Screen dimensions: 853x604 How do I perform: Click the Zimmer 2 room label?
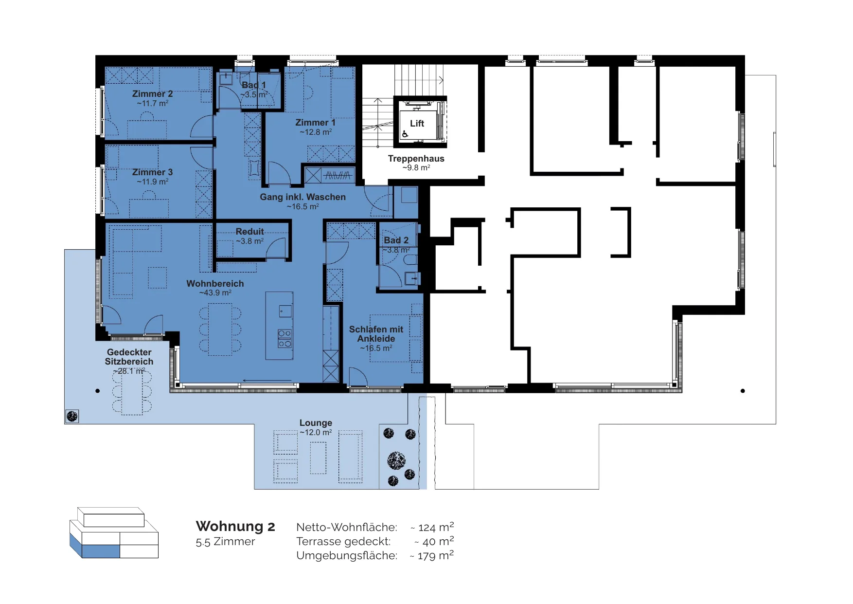[152, 94]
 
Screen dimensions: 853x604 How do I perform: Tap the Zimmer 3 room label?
[152, 172]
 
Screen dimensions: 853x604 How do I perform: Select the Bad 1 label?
[254, 85]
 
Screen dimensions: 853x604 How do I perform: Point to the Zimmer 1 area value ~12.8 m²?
[316, 132]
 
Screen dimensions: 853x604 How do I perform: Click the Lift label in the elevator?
[417, 124]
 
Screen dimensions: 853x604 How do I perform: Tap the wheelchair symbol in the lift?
[405, 134]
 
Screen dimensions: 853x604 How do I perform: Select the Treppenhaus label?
[416, 159]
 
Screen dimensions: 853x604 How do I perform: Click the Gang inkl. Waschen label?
[302, 197]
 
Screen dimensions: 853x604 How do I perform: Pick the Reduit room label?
[249, 232]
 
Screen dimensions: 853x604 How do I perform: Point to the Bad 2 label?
[396, 240]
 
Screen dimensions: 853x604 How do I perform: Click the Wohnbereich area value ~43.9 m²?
[215, 293]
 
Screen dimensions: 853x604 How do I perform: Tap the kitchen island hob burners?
[284, 339]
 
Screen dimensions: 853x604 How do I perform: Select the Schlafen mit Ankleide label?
[376, 334]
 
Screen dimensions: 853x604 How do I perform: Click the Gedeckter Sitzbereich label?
[129, 357]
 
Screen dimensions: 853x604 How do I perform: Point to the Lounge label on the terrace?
[316, 423]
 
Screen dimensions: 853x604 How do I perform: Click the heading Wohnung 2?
[235, 526]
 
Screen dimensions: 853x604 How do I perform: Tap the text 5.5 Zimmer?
[225, 542]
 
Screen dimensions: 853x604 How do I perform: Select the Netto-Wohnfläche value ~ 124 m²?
[432, 527]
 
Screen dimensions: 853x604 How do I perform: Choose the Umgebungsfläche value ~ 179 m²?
[432, 555]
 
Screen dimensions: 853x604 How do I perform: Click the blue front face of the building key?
[101, 551]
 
